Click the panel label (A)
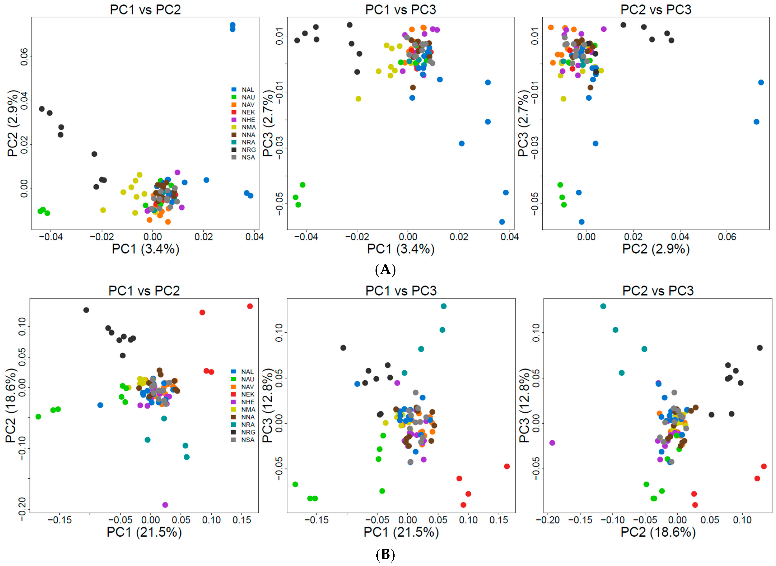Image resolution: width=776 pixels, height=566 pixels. [386, 270]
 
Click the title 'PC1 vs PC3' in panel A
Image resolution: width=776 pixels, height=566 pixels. [400, 10]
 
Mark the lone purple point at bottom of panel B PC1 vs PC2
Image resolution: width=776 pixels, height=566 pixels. [165, 505]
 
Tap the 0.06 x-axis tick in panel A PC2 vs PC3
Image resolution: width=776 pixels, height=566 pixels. [727, 237]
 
